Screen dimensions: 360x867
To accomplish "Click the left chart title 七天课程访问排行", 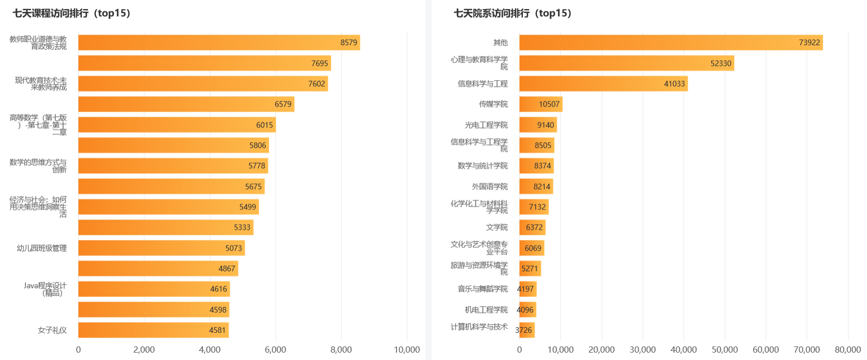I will pos(72,14).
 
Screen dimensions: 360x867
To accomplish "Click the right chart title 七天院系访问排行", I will pos(513,14).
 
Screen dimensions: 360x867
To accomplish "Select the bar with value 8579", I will pos(219,42).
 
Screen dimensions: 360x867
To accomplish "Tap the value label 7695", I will pos(319,63).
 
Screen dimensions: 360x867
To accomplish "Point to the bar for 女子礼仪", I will pos(153,330).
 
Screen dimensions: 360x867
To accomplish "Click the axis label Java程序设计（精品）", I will pos(45,289).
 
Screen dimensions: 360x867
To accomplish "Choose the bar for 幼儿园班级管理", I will pos(161,248).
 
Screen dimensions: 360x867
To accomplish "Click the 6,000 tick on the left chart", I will pos(275,350).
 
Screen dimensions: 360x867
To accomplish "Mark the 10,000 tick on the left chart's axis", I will pos(406,350).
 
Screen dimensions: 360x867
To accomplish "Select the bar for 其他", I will pos(671,42).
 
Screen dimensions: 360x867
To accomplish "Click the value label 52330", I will pos(721,63).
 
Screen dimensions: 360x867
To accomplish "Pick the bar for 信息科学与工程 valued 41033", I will pos(604,84).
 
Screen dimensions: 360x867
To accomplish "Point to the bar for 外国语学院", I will pos(536,186).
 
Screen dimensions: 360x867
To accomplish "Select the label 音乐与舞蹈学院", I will pos(483,289).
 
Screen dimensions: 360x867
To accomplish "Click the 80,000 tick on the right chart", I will pos(847,350).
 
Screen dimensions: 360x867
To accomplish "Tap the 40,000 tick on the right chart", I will pos(684,350).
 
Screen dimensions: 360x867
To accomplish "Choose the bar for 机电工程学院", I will pos(527,309).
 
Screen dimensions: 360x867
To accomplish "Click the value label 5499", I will pos(248,207).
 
